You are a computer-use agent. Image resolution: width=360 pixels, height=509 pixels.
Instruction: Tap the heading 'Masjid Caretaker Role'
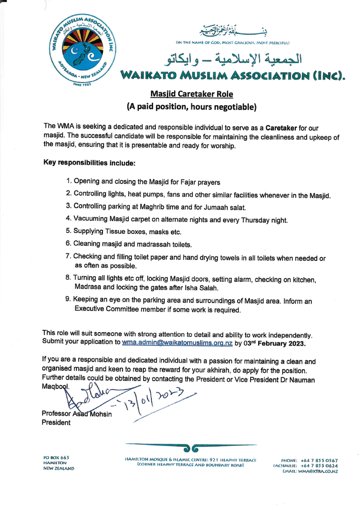(192, 94)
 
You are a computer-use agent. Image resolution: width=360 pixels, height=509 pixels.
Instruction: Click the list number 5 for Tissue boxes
(68, 231)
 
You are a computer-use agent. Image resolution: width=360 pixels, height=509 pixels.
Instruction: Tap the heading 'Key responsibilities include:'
(89, 162)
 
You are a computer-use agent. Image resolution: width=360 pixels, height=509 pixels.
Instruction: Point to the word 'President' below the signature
(56, 423)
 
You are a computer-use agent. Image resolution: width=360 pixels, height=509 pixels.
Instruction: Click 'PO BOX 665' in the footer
(56, 458)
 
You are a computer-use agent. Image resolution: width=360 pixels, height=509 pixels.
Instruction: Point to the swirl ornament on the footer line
(191, 448)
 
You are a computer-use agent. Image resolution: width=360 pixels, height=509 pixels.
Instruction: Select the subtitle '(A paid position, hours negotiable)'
(191, 107)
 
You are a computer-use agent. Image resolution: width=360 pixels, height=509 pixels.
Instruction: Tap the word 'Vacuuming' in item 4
(92, 219)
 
